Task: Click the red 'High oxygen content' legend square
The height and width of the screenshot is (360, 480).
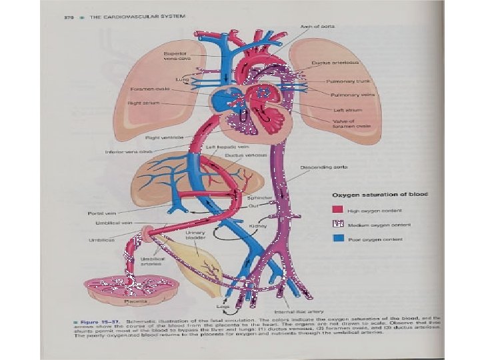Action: coord(338,209)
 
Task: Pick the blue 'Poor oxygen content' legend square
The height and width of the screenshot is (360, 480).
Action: coord(338,238)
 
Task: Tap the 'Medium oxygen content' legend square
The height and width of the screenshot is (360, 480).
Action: coord(338,224)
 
